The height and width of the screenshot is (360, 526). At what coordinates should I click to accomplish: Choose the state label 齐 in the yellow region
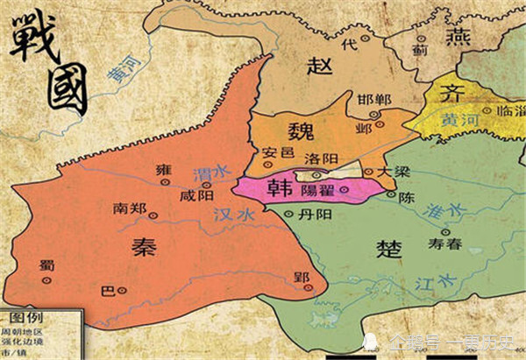[449, 94]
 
